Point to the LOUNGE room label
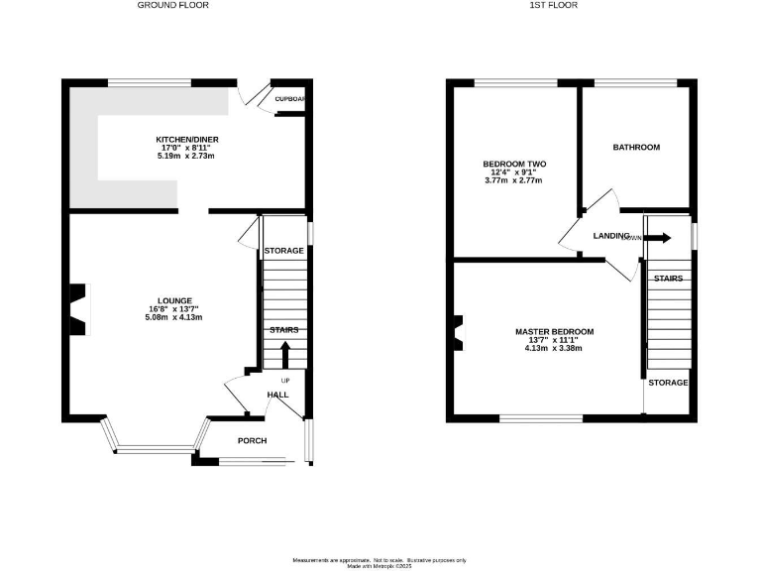pos(173,300)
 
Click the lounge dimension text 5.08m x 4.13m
pos(173,317)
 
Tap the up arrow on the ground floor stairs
pos(284,353)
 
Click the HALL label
pos(277,395)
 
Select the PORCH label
pos(252,440)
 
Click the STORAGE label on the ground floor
pos(283,251)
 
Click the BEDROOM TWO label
pos(514,164)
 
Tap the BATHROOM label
pos(635,148)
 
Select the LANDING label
pos(611,236)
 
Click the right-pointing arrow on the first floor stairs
pos(659,238)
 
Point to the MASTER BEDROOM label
pos(554,331)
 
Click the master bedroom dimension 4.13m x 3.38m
pos(554,348)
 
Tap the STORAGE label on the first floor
pos(667,382)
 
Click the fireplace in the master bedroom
pos(457,332)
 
